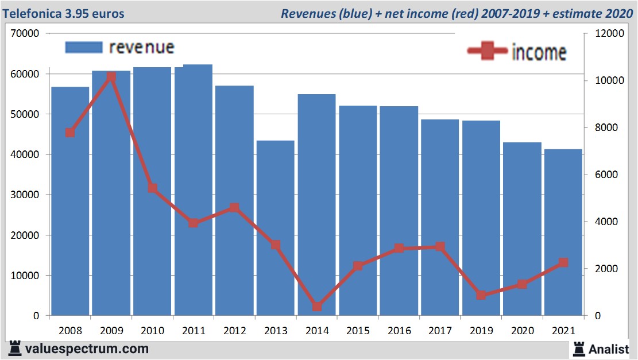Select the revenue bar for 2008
click(x=70, y=201)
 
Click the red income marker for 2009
click(x=111, y=77)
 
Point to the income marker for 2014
click(x=317, y=307)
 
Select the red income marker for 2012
click(x=234, y=208)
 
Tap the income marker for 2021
click(x=563, y=263)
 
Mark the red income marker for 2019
click(x=481, y=295)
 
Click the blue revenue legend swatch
click(x=83, y=47)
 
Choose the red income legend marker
click(x=488, y=52)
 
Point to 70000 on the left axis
click(x=25, y=33)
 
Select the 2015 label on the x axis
click(x=358, y=331)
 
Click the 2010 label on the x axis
click(x=152, y=331)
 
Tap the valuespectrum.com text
click(x=86, y=349)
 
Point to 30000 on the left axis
click(x=25, y=195)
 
